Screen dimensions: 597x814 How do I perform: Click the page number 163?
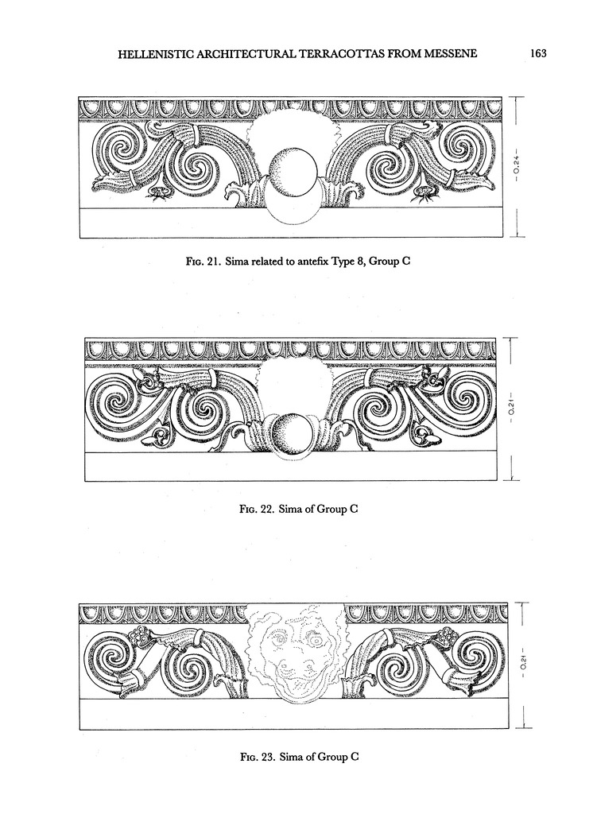coord(539,53)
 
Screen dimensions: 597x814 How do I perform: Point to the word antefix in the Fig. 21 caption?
coord(313,261)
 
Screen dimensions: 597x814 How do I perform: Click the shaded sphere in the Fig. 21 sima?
coord(293,172)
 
